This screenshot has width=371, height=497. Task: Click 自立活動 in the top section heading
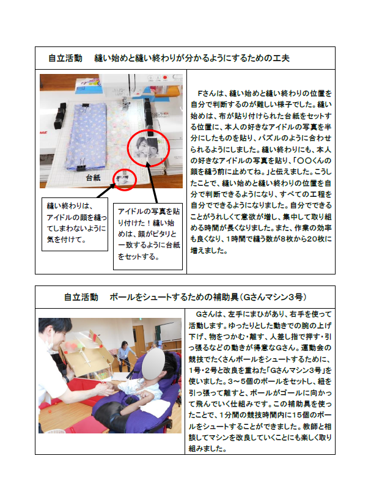pos(65,58)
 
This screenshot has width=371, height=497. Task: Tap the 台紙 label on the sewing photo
pos(93,178)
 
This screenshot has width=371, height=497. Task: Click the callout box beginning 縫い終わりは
pos(75,224)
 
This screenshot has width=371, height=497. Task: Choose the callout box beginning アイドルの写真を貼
pos(148,237)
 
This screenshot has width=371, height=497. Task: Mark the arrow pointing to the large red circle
pos(152,182)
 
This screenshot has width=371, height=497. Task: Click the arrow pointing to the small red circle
pos(106,190)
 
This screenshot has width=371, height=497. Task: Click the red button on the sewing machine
pos(165,78)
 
